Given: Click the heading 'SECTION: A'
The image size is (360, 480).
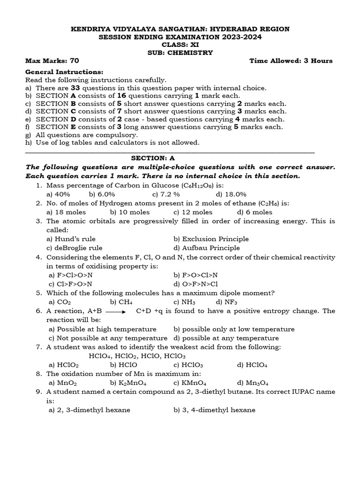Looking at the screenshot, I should pos(180,158).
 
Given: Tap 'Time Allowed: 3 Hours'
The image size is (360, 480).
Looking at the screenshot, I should pos(291,61).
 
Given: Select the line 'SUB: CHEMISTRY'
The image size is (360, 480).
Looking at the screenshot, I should pos(180,52).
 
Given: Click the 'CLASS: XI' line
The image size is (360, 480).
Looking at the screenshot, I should pos(180,45).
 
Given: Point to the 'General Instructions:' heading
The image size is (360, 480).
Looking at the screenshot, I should pos(64,72).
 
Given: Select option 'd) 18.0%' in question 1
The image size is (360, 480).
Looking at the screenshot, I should pos(231,194).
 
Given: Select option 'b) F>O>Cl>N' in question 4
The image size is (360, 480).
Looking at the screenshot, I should pos(195,275).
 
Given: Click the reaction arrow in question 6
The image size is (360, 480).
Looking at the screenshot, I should pos(115,311).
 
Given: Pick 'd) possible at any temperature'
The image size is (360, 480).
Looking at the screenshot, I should pos(226,338).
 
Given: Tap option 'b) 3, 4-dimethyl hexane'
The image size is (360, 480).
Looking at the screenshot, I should pos(214,410).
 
